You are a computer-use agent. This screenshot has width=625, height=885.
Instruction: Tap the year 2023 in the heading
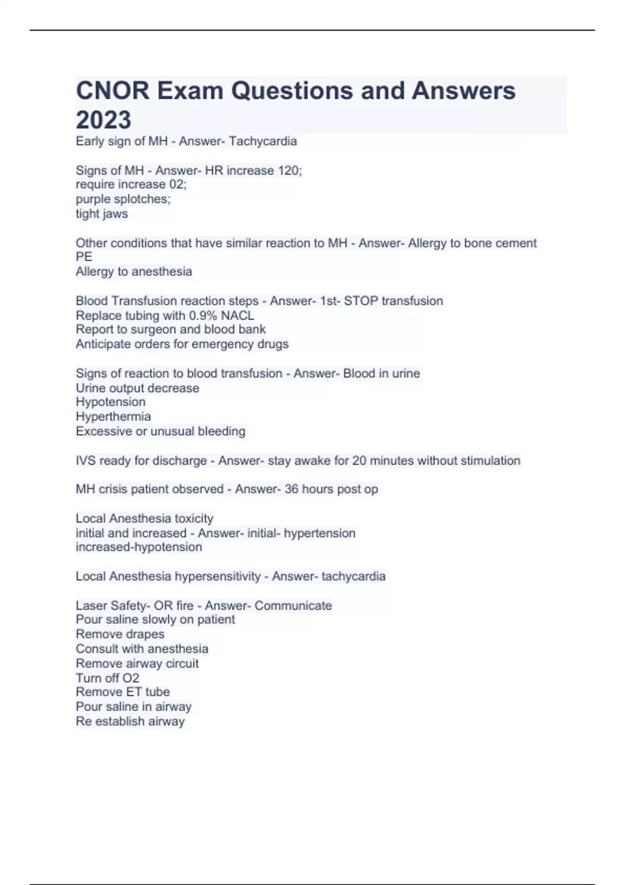104,120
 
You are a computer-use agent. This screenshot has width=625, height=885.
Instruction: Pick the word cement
516,243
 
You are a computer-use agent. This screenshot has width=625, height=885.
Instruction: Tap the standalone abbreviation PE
84,257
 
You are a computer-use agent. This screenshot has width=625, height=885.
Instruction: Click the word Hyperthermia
113,416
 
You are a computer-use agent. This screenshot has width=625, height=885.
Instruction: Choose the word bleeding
221,432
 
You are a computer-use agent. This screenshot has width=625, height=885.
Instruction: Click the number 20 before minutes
359,461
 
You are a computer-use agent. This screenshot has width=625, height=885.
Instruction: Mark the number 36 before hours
291,489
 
